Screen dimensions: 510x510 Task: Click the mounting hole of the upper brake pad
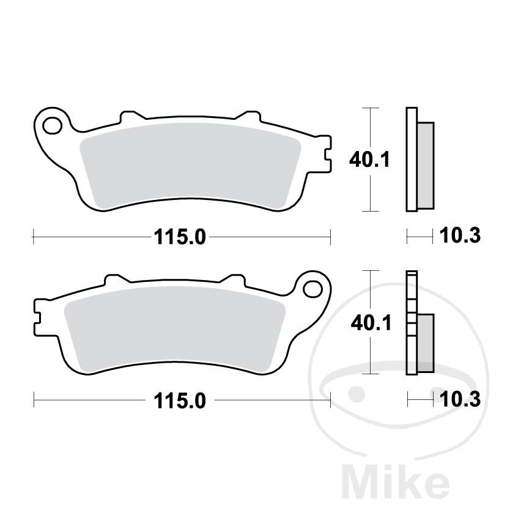[x=53, y=125]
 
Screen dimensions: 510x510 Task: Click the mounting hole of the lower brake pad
[x=312, y=289]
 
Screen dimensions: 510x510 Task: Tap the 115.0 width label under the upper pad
[x=180, y=237]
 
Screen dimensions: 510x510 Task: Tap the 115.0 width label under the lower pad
[x=180, y=401]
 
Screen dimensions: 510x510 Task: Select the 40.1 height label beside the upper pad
[x=369, y=160]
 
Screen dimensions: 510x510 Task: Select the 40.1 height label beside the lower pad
[x=371, y=323]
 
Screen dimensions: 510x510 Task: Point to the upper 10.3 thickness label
[x=460, y=235]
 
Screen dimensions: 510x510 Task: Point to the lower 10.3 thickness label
[x=460, y=399]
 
